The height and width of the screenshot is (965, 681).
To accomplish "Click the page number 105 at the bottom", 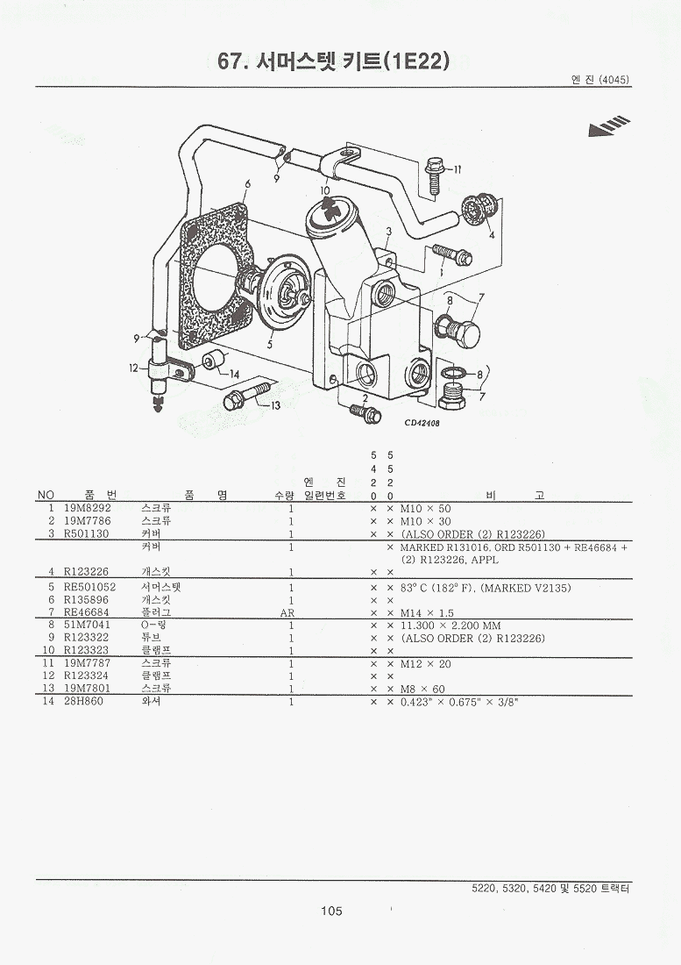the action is pyautogui.click(x=331, y=911).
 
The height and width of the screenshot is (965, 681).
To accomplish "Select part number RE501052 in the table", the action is pyautogui.click(x=89, y=588).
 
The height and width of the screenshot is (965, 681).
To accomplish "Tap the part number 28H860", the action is pyautogui.click(x=83, y=701).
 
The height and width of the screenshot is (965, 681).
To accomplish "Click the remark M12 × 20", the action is pyautogui.click(x=425, y=663).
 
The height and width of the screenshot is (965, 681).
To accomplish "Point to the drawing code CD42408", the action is pyautogui.click(x=422, y=423).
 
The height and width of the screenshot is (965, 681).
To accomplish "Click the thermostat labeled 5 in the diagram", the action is pyautogui.click(x=279, y=288).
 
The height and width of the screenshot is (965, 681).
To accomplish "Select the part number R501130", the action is pyautogui.click(x=87, y=533).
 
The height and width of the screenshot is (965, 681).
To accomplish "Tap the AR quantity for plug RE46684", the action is pyautogui.click(x=287, y=613).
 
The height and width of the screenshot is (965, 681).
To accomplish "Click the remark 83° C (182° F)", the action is pyautogui.click(x=437, y=588).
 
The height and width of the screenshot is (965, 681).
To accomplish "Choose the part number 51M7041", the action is pyautogui.click(x=88, y=625).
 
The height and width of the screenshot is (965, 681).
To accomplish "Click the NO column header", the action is pyautogui.click(x=46, y=495).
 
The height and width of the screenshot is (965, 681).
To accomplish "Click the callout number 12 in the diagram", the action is pyautogui.click(x=134, y=368).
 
